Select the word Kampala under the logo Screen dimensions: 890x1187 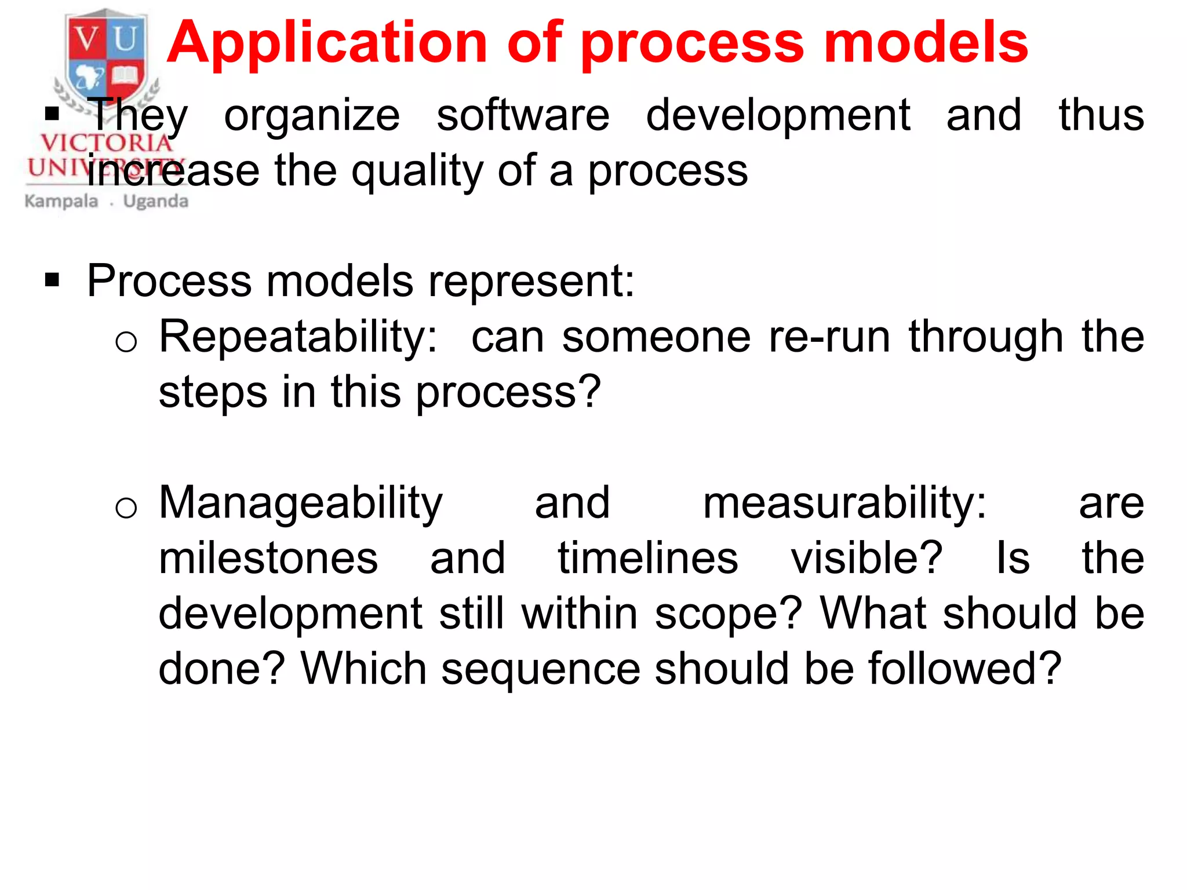(61, 202)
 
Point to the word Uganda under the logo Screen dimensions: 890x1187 (156, 202)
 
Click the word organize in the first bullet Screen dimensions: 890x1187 (312, 115)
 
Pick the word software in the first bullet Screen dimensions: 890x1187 (523, 115)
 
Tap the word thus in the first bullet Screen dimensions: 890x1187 (1101, 115)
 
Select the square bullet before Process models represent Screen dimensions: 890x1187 (52, 281)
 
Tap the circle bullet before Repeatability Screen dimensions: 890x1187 (126, 342)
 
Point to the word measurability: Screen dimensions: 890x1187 (844, 504)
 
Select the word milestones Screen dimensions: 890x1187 (268, 559)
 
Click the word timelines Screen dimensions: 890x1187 (647, 559)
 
